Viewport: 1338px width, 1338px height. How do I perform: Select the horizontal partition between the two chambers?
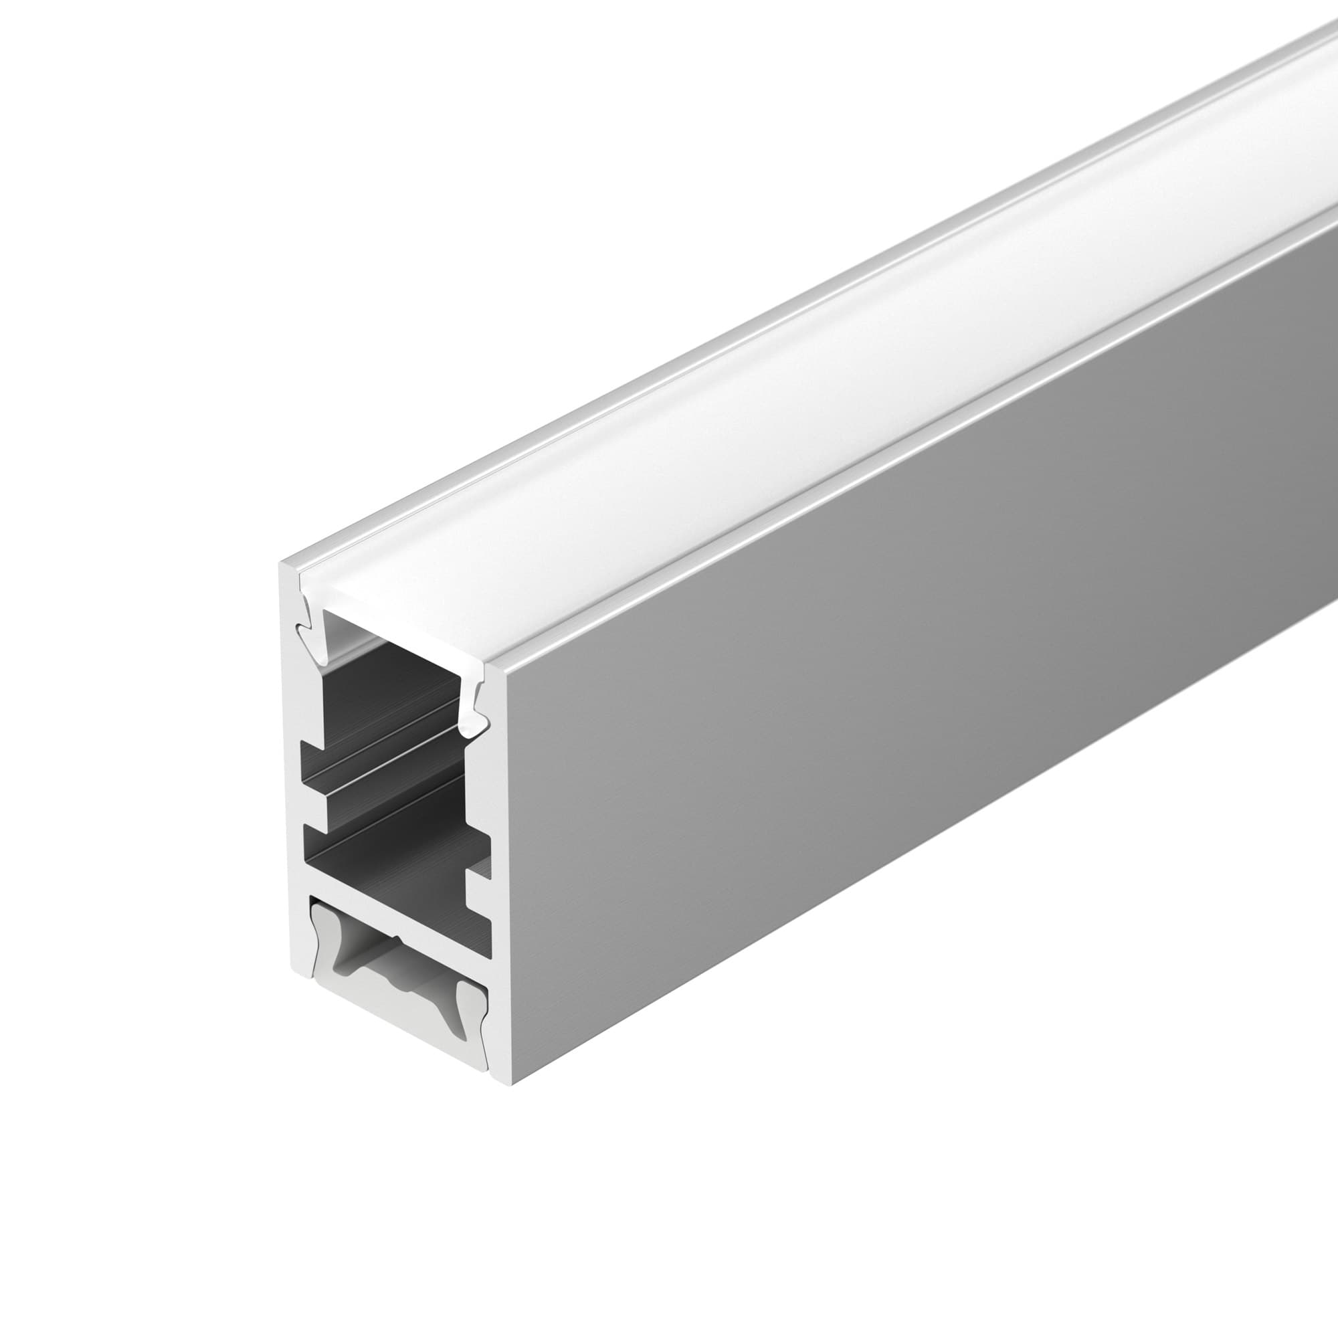point(388,900)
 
